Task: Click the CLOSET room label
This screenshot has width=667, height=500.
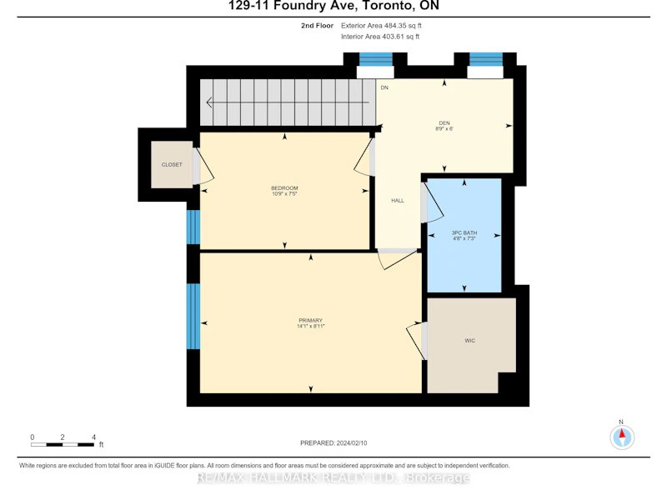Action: pos(172,164)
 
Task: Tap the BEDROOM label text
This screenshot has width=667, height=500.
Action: pos(284,188)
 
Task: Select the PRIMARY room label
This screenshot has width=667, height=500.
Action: pos(310,320)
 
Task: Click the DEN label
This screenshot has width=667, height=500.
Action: pos(444,122)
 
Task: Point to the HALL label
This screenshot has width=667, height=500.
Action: pos(398,200)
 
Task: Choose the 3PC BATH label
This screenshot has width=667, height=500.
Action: pos(464,232)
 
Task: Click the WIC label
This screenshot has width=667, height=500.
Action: pos(470,341)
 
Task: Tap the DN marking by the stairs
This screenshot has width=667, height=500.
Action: pos(384,87)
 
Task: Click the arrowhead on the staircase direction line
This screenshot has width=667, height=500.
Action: pos(209,102)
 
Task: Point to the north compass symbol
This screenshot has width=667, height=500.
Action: pos(622,436)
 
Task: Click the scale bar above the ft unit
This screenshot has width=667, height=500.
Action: pos(63,445)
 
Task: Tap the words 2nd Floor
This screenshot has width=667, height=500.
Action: pos(318,26)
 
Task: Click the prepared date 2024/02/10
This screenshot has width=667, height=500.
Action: pos(352,443)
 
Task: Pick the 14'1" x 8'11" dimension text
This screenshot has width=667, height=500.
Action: pos(310,326)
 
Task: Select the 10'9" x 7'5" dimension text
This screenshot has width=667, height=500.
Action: pos(284,194)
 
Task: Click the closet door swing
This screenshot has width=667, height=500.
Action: pos(205,166)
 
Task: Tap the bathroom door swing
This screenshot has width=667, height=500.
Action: pos(434,202)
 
